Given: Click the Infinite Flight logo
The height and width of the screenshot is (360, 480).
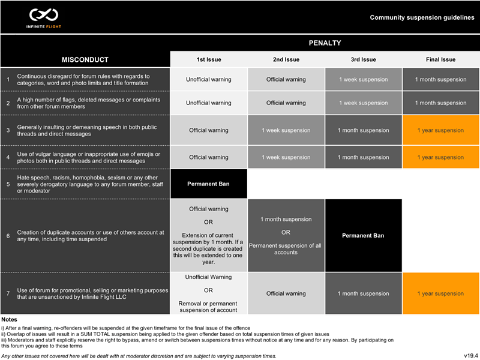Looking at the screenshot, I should [x=41, y=17].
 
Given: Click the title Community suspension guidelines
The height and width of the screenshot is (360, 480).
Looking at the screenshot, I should [x=422, y=18].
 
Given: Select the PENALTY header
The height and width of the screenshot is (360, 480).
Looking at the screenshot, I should [x=325, y=43].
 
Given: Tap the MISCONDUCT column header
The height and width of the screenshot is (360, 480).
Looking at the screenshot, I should [x=85, y=59].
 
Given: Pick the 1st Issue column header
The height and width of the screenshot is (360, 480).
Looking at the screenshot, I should [x=208, y=59].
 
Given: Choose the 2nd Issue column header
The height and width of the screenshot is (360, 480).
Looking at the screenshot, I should [x=286, y=59].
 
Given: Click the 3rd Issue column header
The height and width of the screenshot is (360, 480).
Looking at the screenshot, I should [x=363, y=59].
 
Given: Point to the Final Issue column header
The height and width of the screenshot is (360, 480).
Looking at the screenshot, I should [x=440, y=59].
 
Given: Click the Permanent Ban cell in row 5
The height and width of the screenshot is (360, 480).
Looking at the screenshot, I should [x=208, y=184].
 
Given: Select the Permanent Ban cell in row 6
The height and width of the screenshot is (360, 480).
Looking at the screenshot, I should [x=363, y=235].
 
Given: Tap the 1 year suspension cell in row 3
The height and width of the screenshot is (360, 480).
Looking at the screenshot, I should [x=440, y=130].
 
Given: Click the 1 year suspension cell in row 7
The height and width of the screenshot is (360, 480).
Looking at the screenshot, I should [x=440, y=293].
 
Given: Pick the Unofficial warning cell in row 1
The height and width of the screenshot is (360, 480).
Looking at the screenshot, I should [x=208, y=79].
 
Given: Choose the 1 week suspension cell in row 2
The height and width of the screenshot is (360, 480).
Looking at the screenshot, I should [x=363, y=103].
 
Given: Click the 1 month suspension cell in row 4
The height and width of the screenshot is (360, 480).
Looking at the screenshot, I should [x=363, y=157].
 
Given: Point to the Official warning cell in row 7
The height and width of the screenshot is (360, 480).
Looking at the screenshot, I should [x=286, y=293].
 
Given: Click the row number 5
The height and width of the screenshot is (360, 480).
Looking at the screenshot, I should [x=8, y=184].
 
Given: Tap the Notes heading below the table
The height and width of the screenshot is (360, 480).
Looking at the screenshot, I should [x=10, y=319].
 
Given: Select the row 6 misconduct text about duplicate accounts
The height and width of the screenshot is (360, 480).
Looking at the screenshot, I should [x=90, y=235].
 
